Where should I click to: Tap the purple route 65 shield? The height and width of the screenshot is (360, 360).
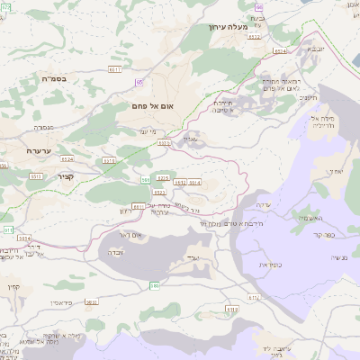(139, 83)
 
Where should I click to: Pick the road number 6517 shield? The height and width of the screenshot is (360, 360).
(114, 68)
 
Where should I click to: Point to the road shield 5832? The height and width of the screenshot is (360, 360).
(91, 302)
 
